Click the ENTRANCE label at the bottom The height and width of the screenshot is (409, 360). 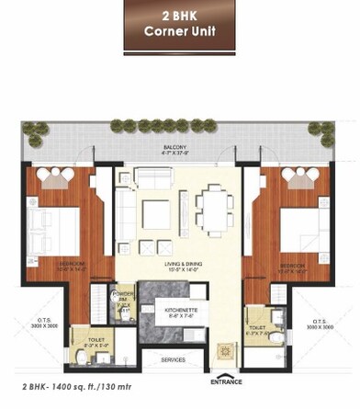[x=226, y=380]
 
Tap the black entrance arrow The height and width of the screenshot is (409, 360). [x=226, y=370]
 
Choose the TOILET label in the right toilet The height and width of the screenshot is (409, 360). [x=256, y=328]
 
